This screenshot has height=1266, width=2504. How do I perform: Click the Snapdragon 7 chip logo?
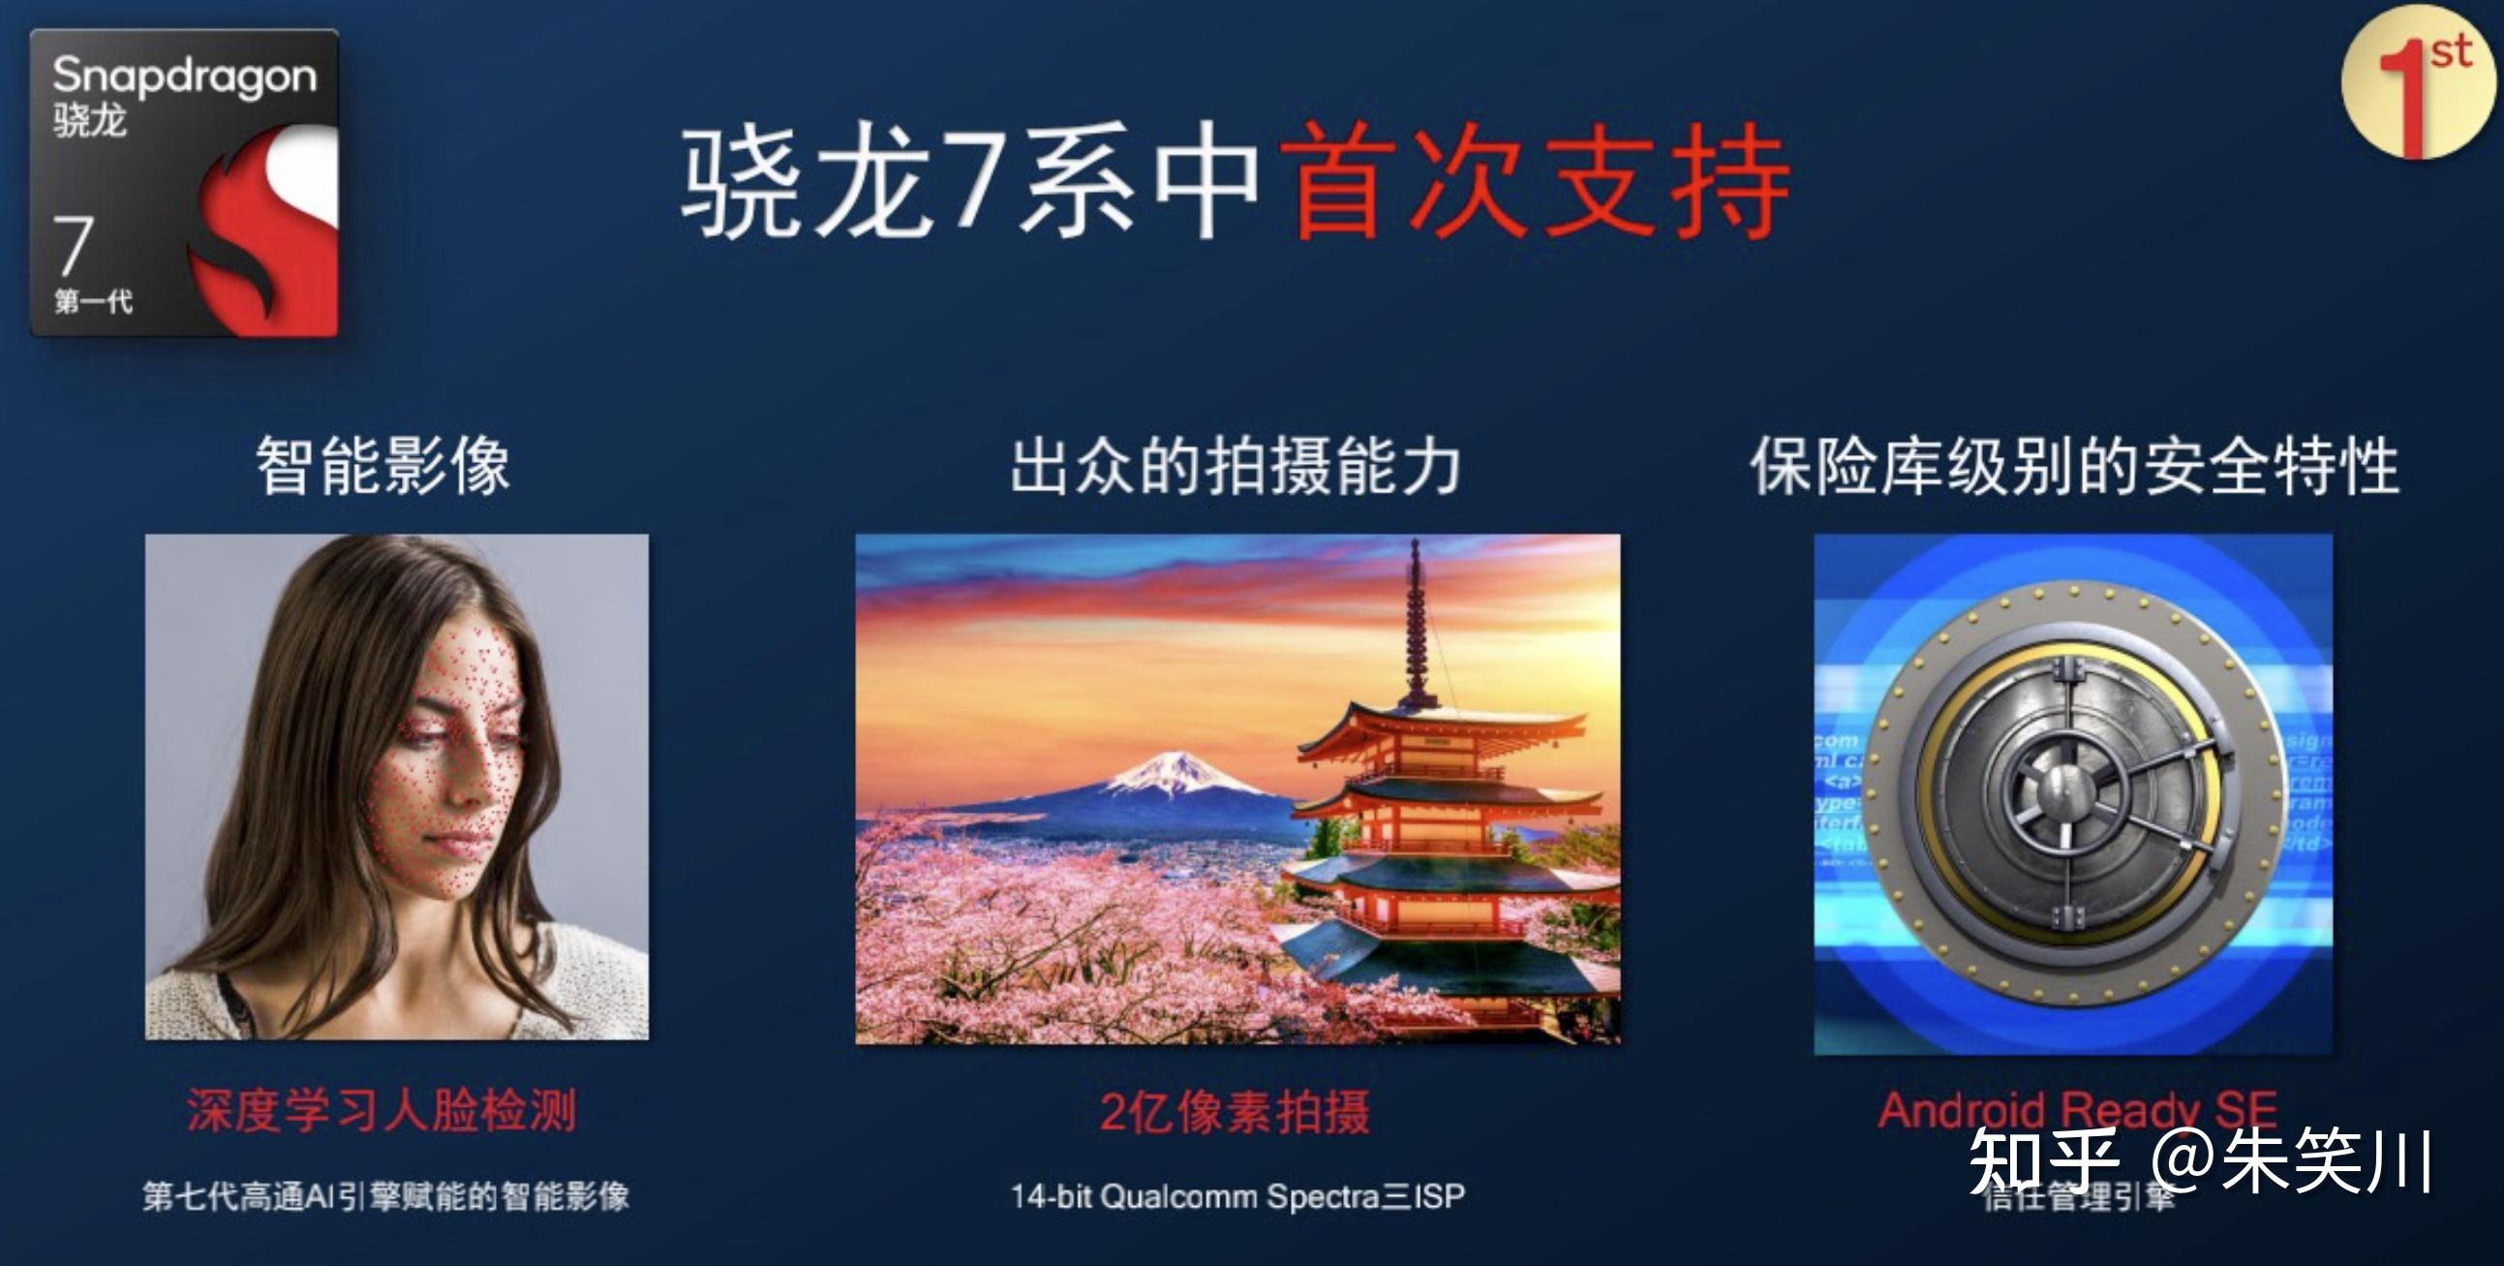[x=185, y=183]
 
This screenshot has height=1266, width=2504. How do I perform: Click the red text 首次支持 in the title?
[x=1535, y=183]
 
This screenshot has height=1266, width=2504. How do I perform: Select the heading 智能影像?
[x=383, y=466]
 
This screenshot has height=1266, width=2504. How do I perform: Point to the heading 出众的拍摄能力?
[x=1236, y=466]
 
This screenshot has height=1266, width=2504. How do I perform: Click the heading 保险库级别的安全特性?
[x=2074, y=466]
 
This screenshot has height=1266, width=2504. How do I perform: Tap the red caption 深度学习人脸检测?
[x=382, y=1109]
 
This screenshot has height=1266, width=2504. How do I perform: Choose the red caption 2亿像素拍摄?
[x=1236, y=1110]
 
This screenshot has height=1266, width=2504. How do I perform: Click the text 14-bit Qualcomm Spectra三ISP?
[x=1237, y=1196]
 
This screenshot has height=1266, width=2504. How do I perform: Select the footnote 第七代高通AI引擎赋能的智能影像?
[x=386, y=1196]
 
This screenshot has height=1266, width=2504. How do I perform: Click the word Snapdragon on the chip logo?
[x=185, y=76]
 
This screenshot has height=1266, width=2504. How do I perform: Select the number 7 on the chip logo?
[x=74, y=245]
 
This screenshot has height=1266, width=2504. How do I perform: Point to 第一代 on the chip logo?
[x=93, y=301]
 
